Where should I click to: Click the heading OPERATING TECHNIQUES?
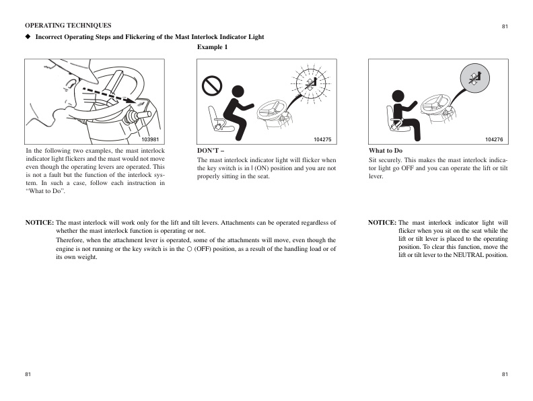pyautogui.click(x=68, y=26)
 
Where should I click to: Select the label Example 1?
pyautogui.click(x=212, y=47)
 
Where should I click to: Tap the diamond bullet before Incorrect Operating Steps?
pyautogui.click(x=28, y=37)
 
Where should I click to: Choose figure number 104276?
pyautogui.click(x=494, y=139)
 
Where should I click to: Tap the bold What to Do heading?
pyautogui.click(x=386, y=151)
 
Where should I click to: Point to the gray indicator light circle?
pyautogui.click(x=476, y=81)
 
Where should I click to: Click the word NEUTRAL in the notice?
pyautogui.click(x=467, y=255)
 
